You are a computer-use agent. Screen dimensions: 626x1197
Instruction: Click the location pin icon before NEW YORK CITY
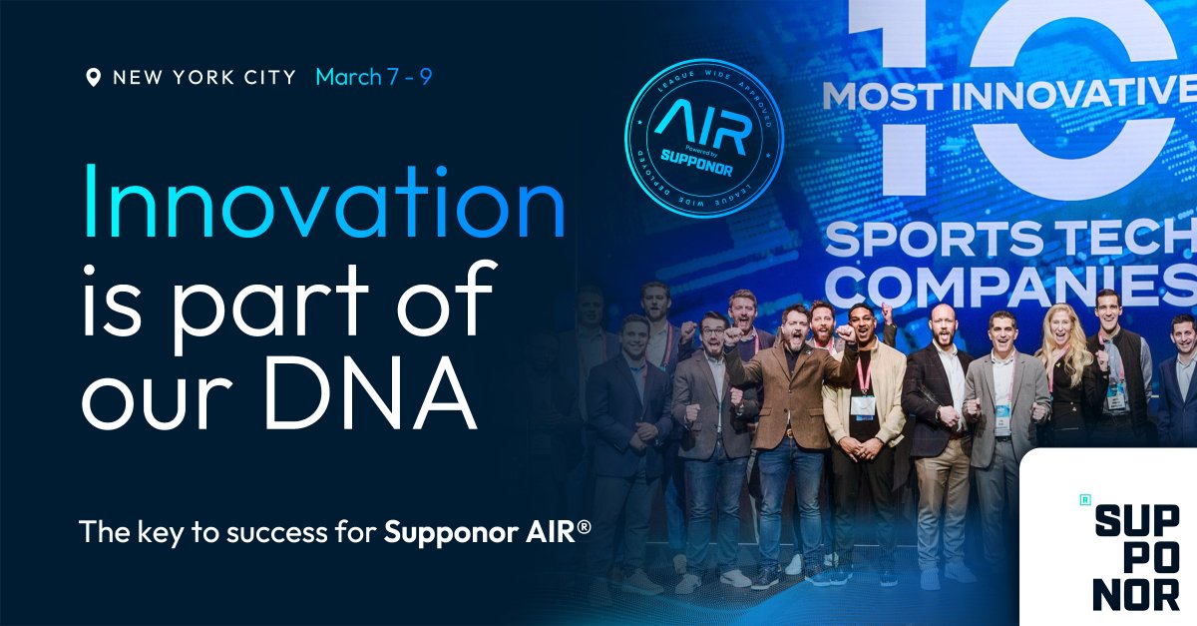point(95,78)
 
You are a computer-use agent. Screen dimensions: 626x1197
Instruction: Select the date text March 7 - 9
point(374,77)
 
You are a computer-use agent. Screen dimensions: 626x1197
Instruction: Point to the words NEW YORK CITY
point(204,78)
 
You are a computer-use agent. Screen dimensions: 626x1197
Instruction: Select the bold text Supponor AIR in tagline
point(480,532)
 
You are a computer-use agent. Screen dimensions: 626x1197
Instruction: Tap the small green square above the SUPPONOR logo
point(1084,498)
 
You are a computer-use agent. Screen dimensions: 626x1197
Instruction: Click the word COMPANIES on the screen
point(1007,287)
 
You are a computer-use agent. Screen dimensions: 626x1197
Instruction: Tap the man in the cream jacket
point(863,399)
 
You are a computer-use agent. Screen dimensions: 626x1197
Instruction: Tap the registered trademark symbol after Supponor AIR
point(584,524)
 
